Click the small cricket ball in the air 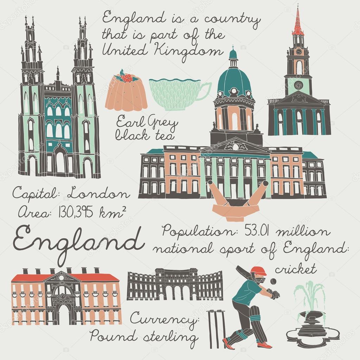[x=272, y=282]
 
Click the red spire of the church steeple [x=298, y=23]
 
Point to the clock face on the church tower [x=298, y=51]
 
